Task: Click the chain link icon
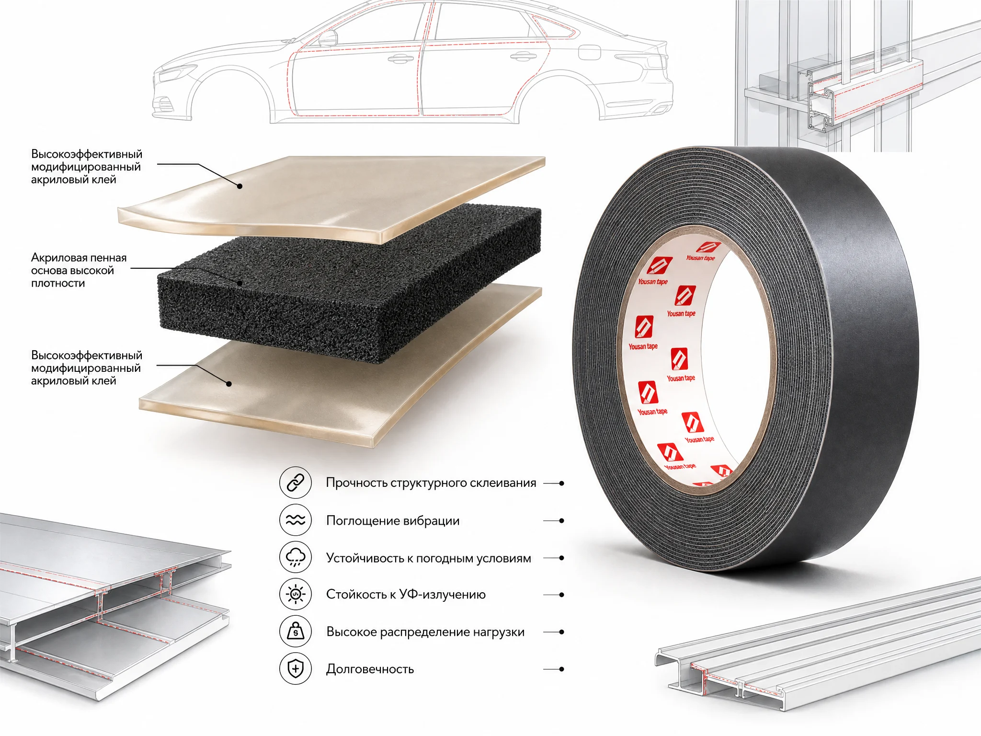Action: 296,483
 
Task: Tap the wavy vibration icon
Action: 296,520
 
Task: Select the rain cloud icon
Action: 296,557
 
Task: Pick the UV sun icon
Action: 296,595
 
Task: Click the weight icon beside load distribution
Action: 296,632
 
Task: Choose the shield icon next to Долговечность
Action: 296,668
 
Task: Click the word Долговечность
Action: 370,669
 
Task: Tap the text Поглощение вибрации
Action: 393,521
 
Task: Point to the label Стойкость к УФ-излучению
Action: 406,595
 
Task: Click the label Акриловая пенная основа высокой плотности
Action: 79,270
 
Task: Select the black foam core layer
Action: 350,283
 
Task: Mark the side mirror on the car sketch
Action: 328,38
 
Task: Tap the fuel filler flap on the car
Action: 590,53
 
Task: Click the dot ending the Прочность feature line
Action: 561,483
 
